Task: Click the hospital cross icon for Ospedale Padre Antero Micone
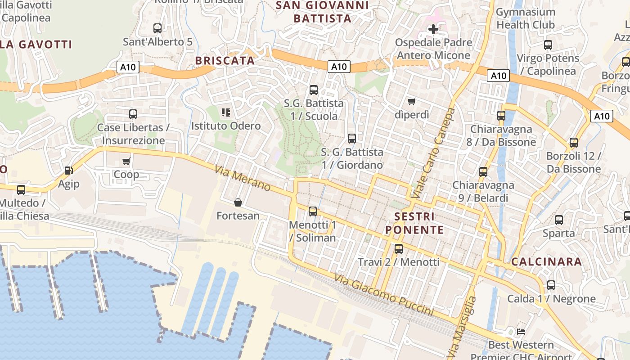(433, 29)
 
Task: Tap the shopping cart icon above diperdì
(411, 101)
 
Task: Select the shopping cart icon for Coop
(126, 161)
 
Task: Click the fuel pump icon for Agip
(68, 171)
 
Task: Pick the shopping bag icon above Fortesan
(238, 202)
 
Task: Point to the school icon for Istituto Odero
(226, 112)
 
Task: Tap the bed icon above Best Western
(521, 332)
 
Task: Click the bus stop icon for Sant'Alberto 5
(157, 28)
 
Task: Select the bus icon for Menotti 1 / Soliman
(313, 211)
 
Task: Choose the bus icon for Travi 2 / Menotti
(398, 248)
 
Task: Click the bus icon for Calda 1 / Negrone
(551, 285)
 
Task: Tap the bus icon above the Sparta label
(559, 220)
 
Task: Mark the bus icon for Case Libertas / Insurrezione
(133, 114)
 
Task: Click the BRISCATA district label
(225, 61)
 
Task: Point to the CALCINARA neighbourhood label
(546, 261)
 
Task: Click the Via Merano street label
(243, 178)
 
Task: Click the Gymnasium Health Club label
(525, 18)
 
